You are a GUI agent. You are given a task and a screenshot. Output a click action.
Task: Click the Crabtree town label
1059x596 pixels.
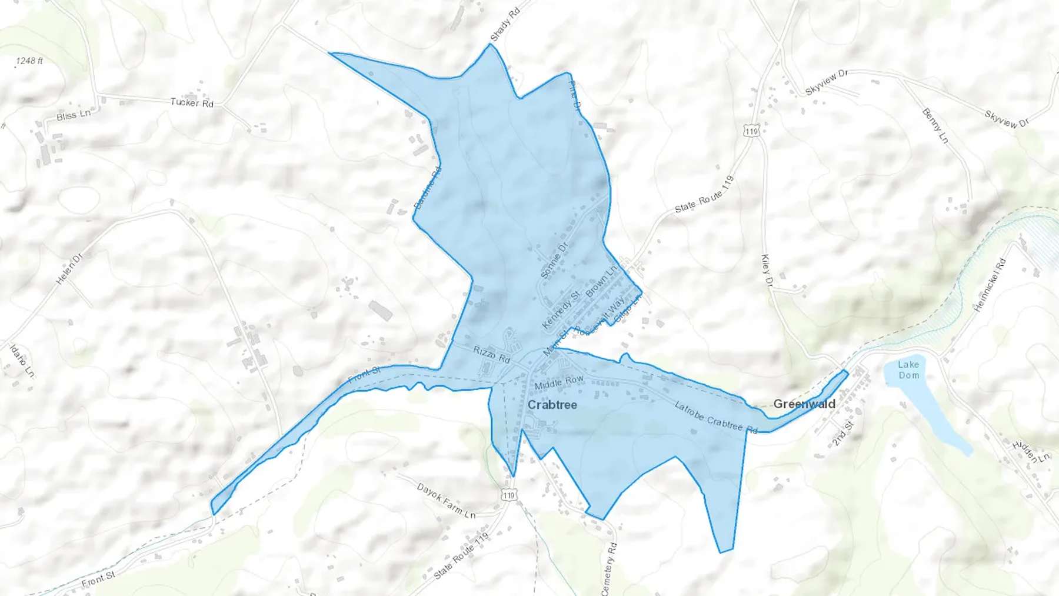pyautogui.click(x=552, y=405)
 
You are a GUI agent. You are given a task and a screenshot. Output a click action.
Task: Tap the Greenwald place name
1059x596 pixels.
pyautogui.click(x=804, y=404)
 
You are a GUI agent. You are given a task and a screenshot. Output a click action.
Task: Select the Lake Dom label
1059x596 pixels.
pyautogui.click(x=908, y=369)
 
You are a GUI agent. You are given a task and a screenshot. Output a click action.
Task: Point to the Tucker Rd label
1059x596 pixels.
pyautogui.click(x=192, y=102)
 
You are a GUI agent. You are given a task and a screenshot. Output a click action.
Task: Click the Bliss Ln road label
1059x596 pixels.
pyautogui.click(x=74, y=115)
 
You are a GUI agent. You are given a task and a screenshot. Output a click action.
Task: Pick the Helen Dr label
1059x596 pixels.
pyautogui.click(x=69, y=269)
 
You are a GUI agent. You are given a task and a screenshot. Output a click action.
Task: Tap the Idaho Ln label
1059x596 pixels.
pyautogui.click(x=22, y=361)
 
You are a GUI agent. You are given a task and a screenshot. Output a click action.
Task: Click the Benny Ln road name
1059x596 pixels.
pyautogui.click(x=935, y=126)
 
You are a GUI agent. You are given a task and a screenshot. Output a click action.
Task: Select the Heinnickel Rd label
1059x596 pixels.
pyautogui.click(x=990, y=285)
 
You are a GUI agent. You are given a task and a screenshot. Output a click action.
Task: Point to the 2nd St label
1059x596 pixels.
pyautogui.click(x=842, y=434)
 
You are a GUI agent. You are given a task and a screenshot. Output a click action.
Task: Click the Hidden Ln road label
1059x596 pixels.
pyautogui.click(x=1031, y=452)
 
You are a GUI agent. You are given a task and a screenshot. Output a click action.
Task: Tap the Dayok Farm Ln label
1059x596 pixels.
pyautogui.click(x=446, y=501)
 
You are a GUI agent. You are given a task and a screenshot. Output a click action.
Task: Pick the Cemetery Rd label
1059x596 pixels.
pyautogui.click(x=609, y=568)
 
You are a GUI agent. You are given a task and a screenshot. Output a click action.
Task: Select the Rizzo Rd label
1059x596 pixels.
pyautogui.click(x=492, y=354)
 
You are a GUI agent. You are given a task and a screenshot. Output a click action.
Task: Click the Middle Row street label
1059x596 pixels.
pyautogui.click(x=559, y=382)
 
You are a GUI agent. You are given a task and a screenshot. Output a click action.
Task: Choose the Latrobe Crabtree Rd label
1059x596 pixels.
pyautogui.click(x=715, y=417)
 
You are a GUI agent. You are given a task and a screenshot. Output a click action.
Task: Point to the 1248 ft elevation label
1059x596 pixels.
pyautogui.click(x=29, y=61)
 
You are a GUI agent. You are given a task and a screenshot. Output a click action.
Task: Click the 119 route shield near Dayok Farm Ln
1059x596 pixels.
pyautogui.click(x=508, y=495)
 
